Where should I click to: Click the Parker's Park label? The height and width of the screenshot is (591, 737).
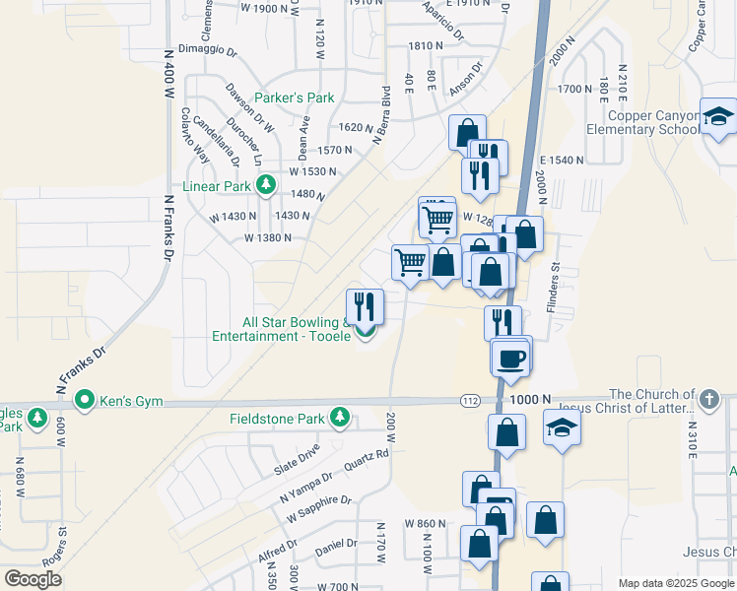[295, 98]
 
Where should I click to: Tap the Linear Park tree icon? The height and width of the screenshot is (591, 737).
[265, 184]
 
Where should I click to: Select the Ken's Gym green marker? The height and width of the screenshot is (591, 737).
[85, 401]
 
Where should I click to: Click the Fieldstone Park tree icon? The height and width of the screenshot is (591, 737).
[340, 419]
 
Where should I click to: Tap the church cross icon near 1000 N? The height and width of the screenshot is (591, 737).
[709, 400]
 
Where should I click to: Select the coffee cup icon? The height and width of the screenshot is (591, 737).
[511, 357]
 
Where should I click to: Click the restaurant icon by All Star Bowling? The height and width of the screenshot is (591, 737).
[365, 307]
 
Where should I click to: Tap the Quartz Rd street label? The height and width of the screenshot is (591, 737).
[367, 459]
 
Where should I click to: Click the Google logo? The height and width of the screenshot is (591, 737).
[33, 580]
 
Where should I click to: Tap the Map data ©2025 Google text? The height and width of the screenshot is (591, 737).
[674, 583]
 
